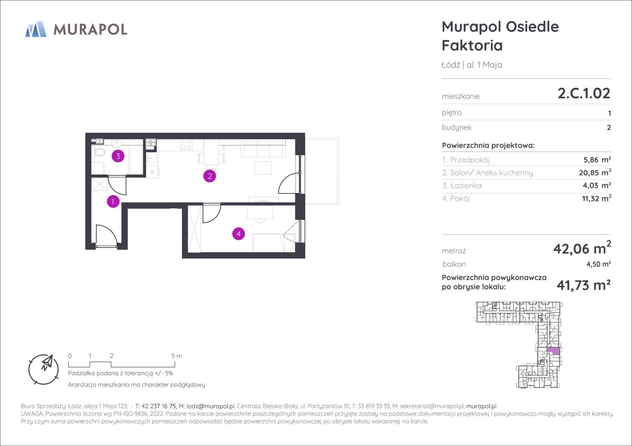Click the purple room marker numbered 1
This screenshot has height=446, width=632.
[113, 201]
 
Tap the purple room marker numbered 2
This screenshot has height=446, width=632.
[209, 176]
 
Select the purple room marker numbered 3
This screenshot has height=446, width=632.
[118, 156]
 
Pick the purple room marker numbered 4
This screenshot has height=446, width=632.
[239, 234]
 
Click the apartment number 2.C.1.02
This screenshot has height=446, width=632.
[584, 93]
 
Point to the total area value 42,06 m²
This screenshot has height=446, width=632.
[582, 248]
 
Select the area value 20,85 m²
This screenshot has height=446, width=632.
[595, 172]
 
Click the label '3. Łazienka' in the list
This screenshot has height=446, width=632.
[462, 186]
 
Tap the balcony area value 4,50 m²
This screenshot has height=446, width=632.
[599, 264]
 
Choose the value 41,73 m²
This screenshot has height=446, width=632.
[584, 285]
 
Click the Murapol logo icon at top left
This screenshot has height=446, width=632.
[36, 29]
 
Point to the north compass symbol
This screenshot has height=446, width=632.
[44, 369]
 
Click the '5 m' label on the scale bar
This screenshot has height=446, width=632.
[177, 356]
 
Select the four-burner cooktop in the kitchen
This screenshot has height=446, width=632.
[186, 144]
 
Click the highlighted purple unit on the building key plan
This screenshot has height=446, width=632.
[553, 350]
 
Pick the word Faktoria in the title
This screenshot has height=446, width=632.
[472, 45]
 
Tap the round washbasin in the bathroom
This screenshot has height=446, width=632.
[116, 143]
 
